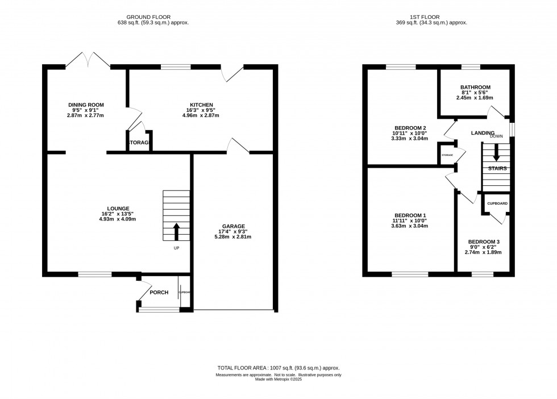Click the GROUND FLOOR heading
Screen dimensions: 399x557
[148, 17]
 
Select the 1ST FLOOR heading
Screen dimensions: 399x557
[431, 17]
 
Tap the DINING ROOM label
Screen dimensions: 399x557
[86, 105]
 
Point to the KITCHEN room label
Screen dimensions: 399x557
[201, 105]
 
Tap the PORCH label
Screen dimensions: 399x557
[159, 293]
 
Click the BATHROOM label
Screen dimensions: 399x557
[475, 87]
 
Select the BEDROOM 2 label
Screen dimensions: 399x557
[410, 128]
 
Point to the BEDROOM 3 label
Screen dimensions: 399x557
[484, 242]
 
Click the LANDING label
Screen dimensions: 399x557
[483, 133]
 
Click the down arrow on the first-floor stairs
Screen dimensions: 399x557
[496, 152]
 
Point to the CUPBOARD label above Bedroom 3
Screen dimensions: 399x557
[497, 203]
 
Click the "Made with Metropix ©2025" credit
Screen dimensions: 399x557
[278, 380]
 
